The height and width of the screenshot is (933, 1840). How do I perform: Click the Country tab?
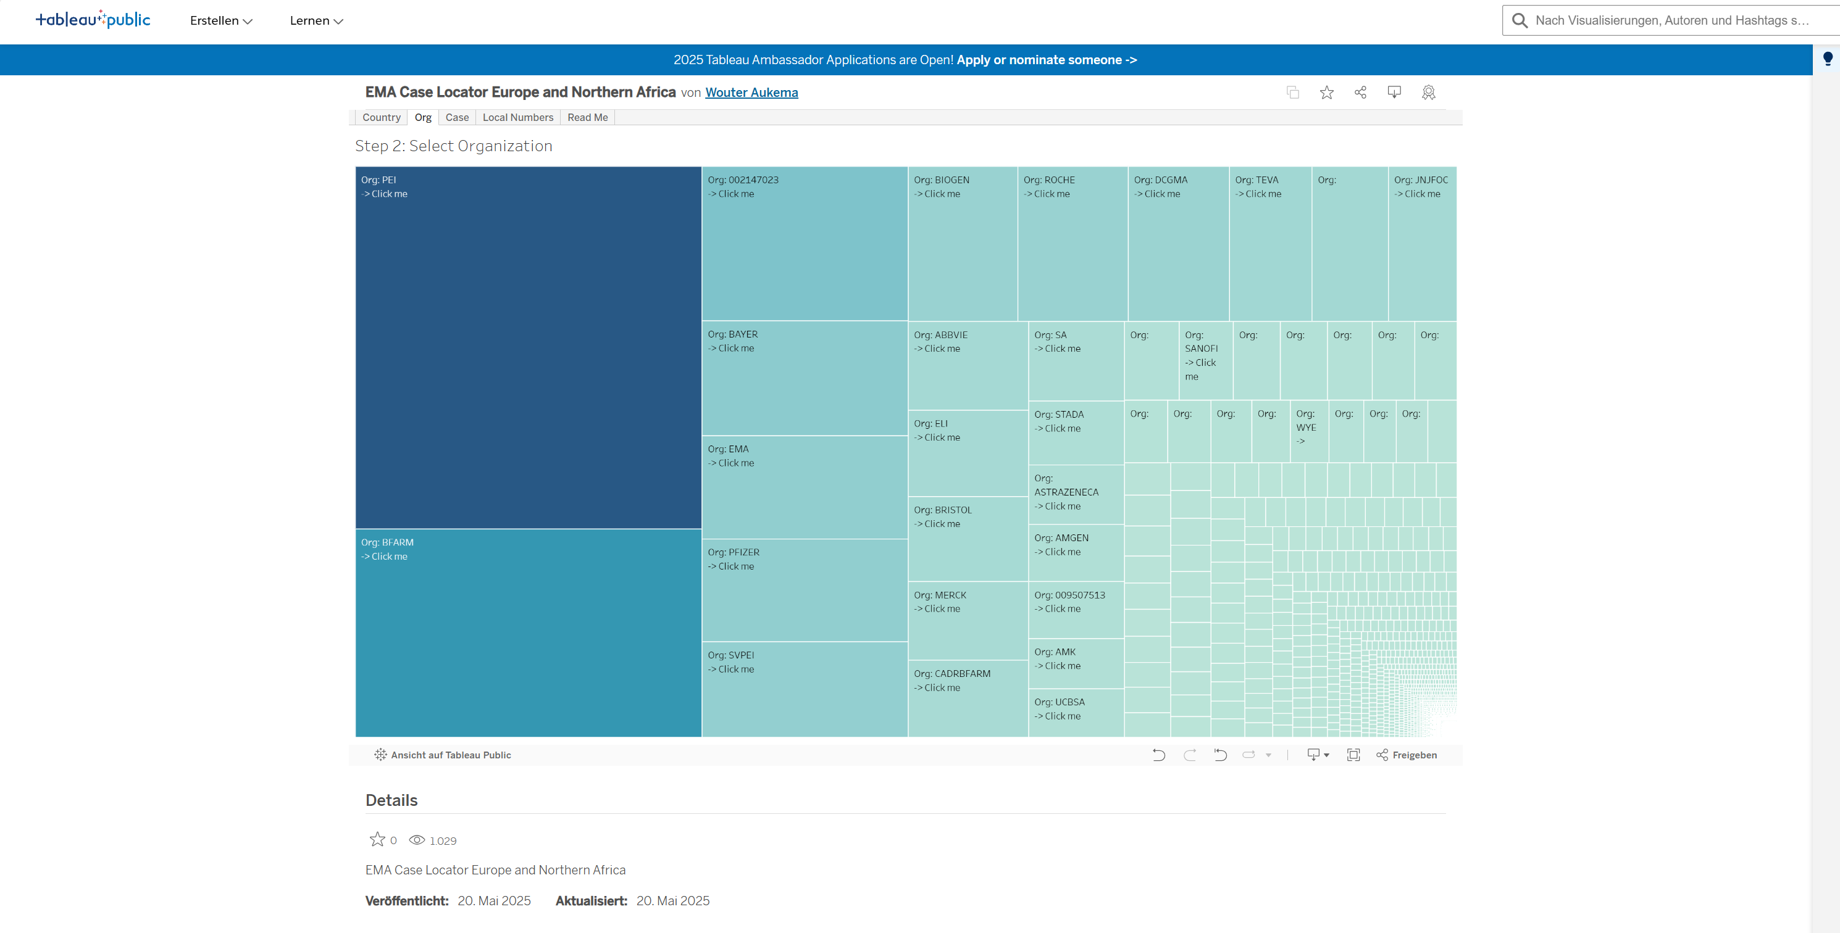point(381,118)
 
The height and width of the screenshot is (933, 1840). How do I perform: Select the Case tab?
point(456,118)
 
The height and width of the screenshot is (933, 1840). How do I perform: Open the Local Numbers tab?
point(517,118)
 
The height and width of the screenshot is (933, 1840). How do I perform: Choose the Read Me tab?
point(587,118)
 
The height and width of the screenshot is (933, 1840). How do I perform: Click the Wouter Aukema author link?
point(751,93)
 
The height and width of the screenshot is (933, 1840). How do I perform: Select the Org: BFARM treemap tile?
point(528,632)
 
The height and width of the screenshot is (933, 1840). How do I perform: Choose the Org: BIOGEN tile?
point(961,243)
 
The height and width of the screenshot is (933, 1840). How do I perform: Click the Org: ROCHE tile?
point(1071,243)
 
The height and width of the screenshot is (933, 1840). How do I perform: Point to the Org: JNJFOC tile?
point(1421,243)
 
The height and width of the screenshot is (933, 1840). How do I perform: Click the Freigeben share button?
point(1407,755)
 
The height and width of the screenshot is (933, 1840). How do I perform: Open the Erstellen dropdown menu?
point(220,21)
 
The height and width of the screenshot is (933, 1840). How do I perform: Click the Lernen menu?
point(316,21)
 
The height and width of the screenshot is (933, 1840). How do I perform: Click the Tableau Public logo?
point(93,19)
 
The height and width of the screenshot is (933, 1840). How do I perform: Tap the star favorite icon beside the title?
point(1326,93)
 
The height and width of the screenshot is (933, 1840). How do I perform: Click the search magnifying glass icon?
point(1520,21)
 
